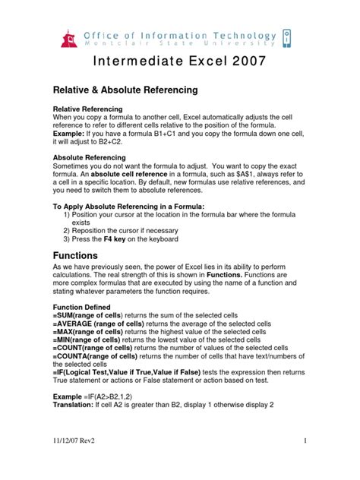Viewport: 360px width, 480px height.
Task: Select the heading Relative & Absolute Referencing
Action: pyautogui.click(x=125, y=90)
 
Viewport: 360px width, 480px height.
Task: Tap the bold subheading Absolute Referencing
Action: pyautogui.click(x=88, y=158)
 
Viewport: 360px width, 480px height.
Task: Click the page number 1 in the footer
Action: pyautogui.click(x=303, y=462)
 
